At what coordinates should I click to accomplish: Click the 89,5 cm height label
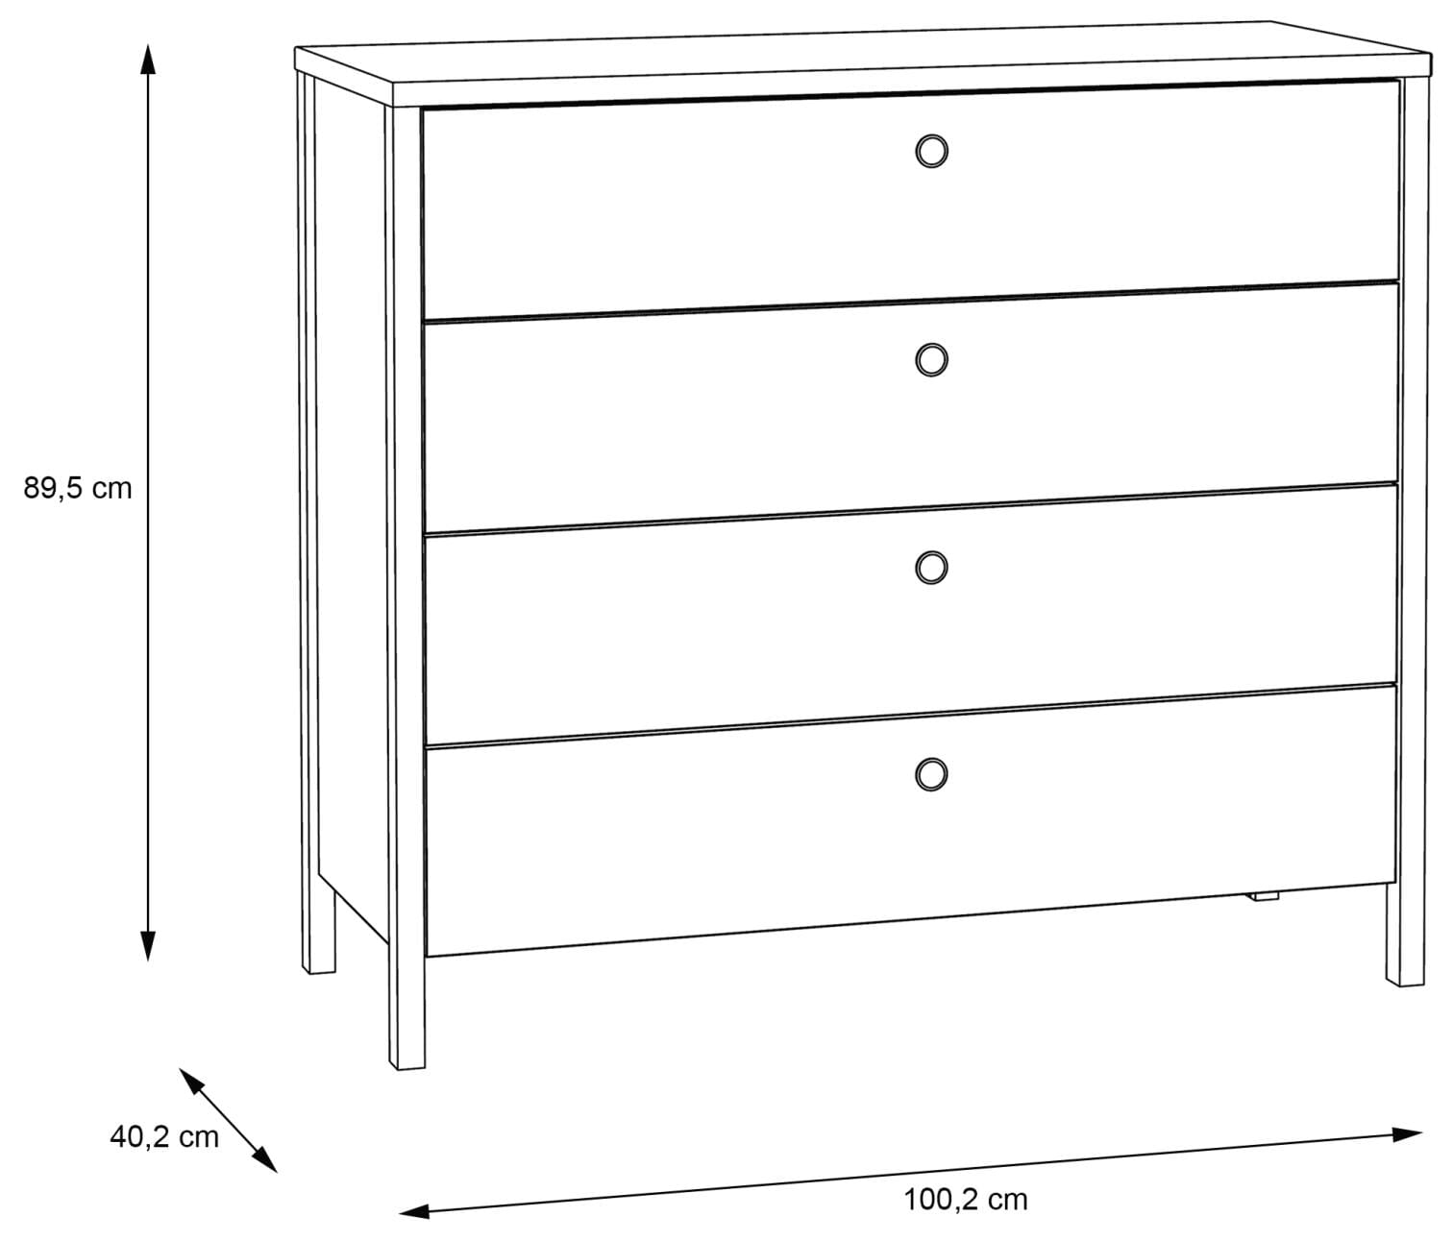[77, 488]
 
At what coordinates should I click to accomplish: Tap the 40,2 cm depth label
[164, 1137]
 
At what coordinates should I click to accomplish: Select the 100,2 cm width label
[965, 1201]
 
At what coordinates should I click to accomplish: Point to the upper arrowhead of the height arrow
[147, 59]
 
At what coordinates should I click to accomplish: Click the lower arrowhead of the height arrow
[147, 946]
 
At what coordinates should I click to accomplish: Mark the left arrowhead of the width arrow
[414, 1211]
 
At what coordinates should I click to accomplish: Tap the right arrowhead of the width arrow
[1407, 1154]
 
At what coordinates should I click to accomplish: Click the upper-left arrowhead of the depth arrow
[190, 1081]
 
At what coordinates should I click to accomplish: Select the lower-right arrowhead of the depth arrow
[266, 1161]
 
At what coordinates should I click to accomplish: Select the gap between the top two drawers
[910, 302]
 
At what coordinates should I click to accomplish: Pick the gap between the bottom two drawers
[910, 715]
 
